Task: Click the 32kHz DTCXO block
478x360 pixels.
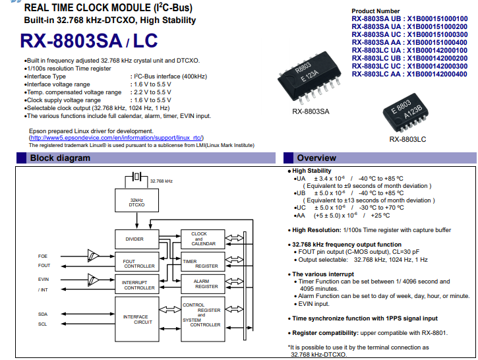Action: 136,200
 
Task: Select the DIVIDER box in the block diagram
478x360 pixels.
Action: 137,239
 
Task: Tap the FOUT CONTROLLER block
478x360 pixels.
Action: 137,262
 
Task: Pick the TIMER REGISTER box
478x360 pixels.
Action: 203,262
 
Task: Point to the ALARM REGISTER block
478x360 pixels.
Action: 203,284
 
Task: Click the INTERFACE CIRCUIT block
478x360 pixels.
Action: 137,319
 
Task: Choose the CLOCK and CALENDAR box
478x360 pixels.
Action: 203,239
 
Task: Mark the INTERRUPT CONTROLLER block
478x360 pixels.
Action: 137,284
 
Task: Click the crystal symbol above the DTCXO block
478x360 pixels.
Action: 136,177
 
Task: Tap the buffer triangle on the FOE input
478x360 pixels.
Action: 93,256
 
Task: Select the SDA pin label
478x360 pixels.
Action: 43,315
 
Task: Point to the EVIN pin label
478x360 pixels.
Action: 44,279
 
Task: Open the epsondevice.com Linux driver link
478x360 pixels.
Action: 116,138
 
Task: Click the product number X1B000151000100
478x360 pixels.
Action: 437,19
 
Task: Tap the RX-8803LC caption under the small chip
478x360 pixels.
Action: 407,139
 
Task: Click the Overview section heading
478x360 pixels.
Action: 316,158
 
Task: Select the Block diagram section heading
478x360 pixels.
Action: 60,158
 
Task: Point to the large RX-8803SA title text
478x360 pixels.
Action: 71,41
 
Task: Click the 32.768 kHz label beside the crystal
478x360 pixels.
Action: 162,181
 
